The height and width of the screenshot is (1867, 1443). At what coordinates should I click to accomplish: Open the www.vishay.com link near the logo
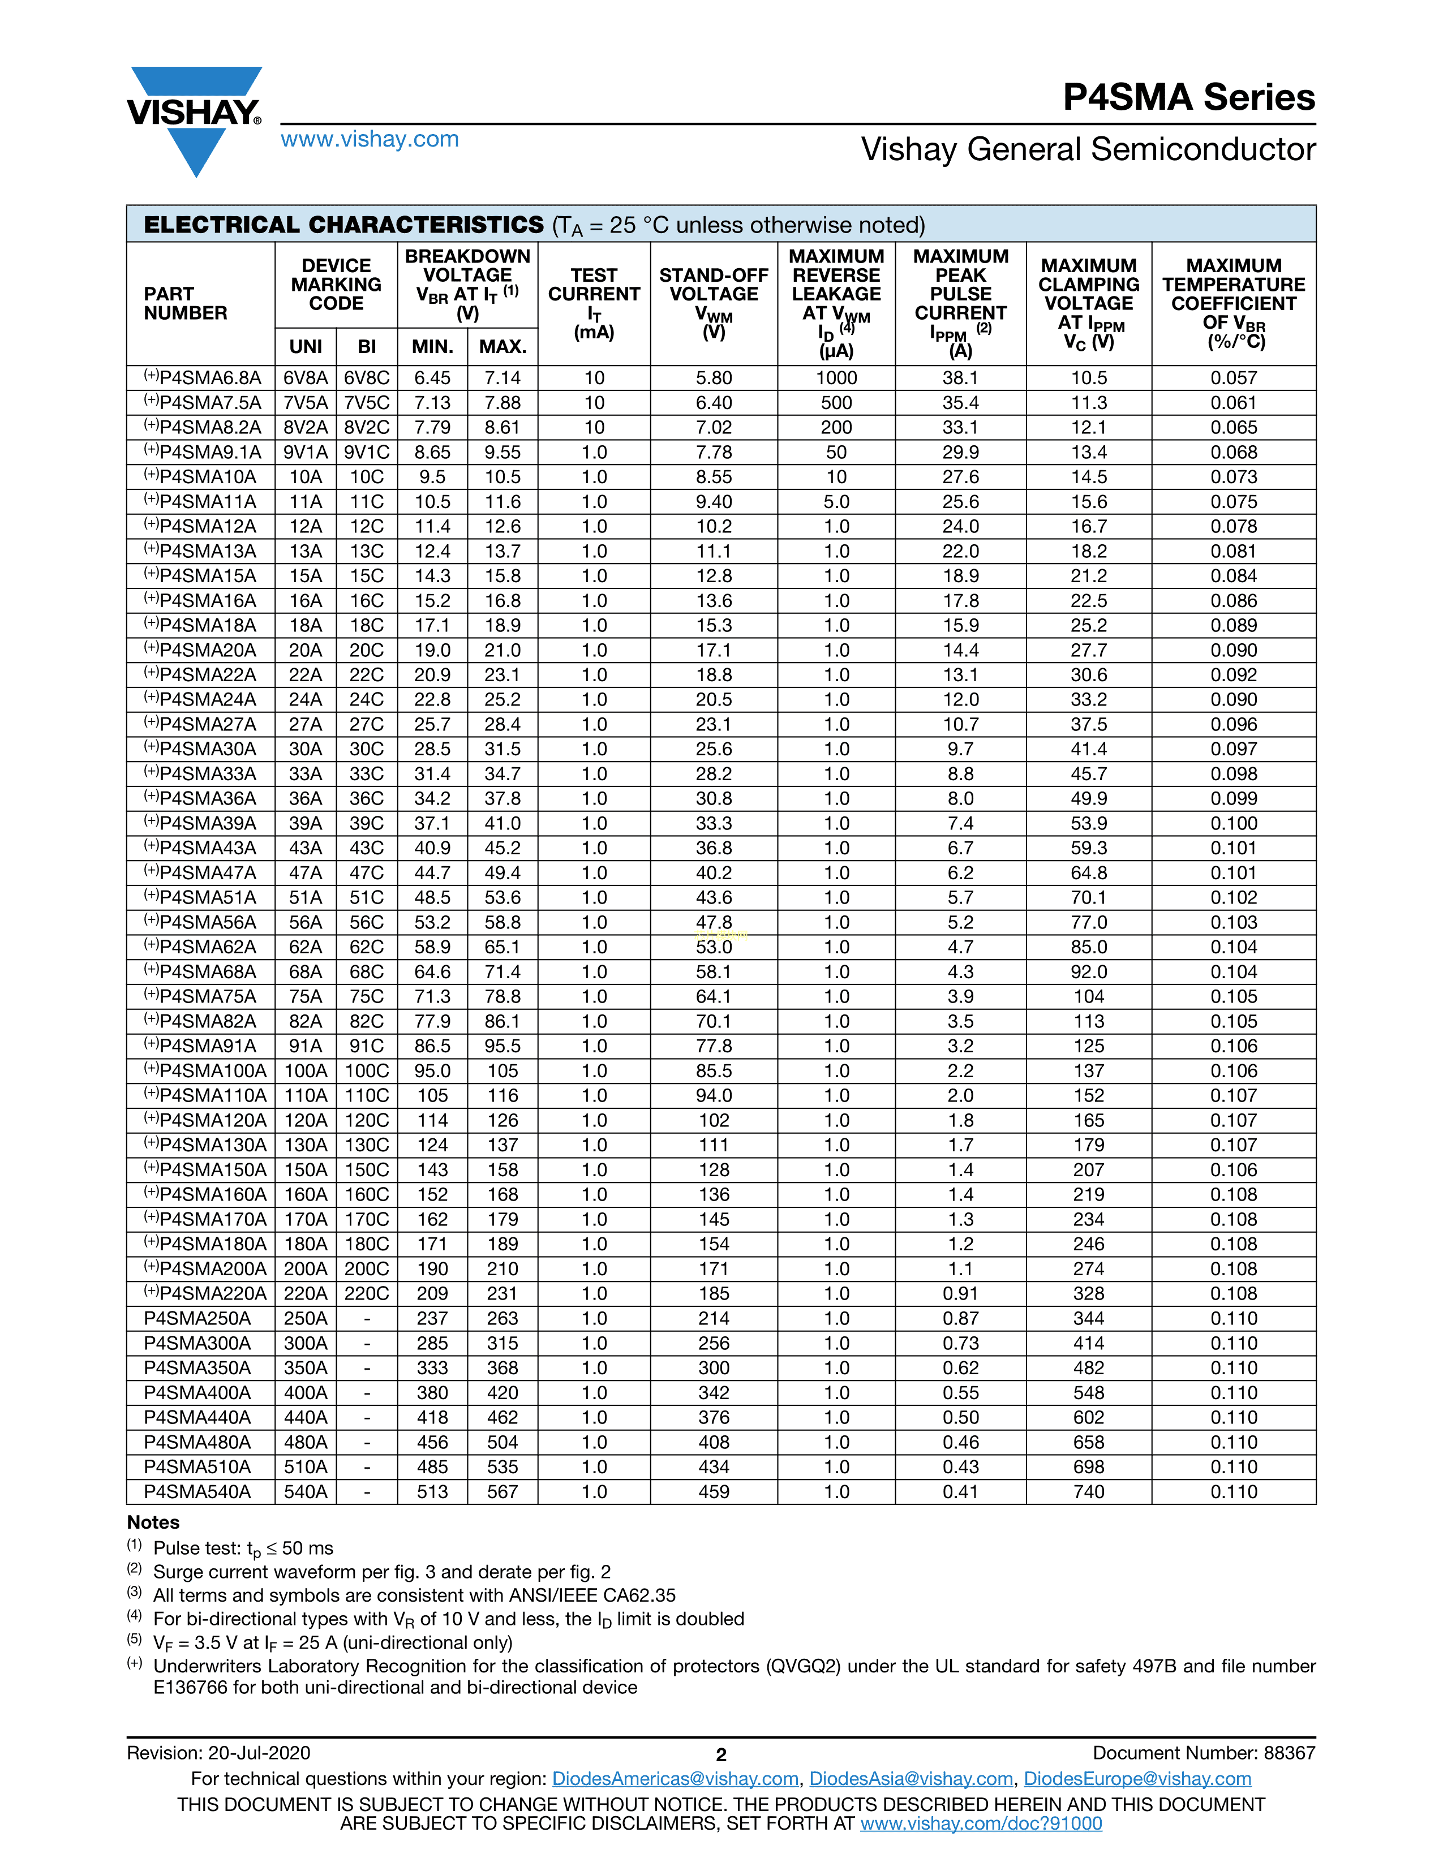coord(370,139)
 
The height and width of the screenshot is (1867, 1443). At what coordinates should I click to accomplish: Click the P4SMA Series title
coord(1188,97)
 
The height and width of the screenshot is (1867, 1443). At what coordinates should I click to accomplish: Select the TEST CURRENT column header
coord(594,303)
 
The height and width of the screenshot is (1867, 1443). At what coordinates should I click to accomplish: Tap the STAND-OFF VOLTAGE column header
coord(714,303)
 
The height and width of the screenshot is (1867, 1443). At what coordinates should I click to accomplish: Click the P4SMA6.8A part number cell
coord(203,378)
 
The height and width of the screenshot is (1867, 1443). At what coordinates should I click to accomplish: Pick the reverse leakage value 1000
coord(836,378)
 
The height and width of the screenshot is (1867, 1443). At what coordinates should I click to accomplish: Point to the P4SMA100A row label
coord(205,1071)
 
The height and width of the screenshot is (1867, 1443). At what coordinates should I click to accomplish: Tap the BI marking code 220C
coord(367,1293)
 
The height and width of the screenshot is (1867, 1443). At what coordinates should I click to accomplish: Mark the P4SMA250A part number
coord(197,1318)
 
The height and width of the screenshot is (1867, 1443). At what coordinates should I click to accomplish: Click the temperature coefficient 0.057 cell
coord(1234,378)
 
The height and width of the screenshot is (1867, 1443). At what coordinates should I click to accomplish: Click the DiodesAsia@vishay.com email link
coord(911,1779)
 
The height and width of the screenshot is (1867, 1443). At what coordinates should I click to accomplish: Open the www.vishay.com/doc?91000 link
coord(981,1823)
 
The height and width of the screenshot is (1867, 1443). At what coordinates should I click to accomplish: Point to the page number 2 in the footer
coord(720,1755)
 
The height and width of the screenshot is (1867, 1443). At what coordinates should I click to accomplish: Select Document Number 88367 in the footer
coord(1204,1753)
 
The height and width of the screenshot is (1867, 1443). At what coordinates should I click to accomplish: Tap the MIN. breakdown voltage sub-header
coord(432,346)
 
